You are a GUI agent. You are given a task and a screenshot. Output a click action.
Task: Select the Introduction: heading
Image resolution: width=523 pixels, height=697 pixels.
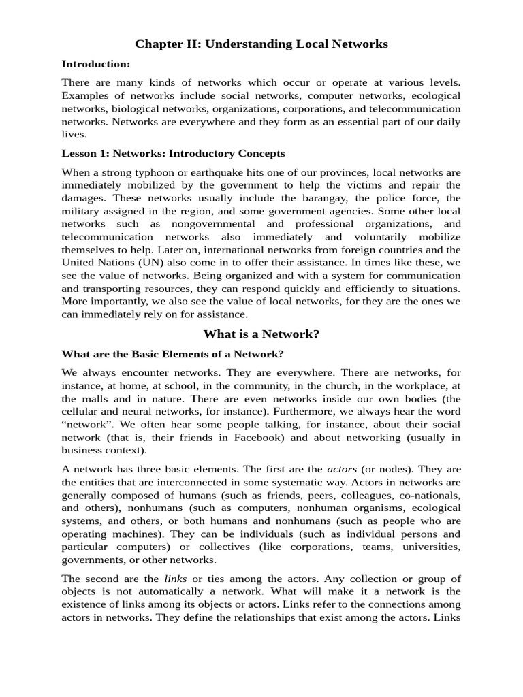tap(96, 64)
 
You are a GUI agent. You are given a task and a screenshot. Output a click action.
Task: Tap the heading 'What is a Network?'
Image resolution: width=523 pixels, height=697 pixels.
tap(261, 334)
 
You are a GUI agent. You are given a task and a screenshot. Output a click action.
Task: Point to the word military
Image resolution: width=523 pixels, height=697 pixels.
tap(84, 211)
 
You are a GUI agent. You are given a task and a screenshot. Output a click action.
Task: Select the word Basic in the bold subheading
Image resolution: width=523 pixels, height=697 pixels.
tap(128, 354)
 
